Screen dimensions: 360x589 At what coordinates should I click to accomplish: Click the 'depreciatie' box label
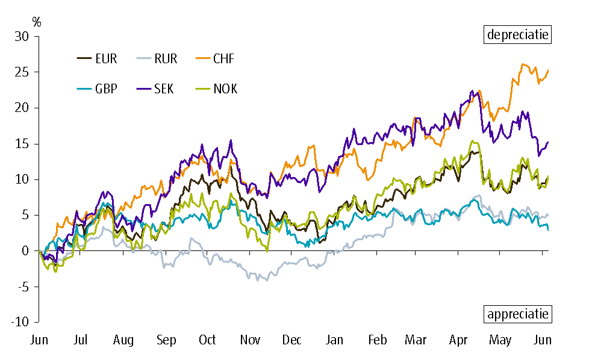[518, 34]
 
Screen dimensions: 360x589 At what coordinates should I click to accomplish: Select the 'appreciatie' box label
[518, 314]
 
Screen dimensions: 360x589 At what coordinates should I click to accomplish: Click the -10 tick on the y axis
[20, 322]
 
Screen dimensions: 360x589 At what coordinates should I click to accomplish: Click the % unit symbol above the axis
[37, 22]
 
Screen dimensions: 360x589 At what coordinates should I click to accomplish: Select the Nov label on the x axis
[251, 341]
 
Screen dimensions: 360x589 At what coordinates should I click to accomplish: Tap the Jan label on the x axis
[335, 341]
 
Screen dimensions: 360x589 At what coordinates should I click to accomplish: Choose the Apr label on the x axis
[460, 341]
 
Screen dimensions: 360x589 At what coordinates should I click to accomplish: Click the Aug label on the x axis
[123, 341]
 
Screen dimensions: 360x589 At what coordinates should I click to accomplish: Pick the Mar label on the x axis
[416, 341]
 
